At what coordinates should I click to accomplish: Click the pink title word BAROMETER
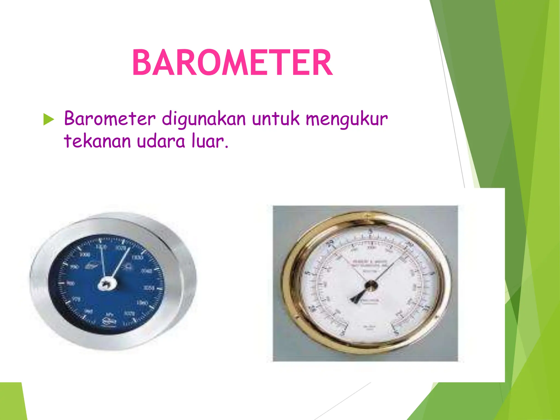point(232,63)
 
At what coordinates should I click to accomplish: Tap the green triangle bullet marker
point(49,119)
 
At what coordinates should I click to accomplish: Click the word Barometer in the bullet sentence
point(110,119)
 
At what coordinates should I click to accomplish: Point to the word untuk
point(276,119)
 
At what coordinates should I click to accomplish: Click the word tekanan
point(97,141)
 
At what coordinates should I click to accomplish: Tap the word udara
point(161,141)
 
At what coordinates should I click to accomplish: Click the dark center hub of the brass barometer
point(371,286)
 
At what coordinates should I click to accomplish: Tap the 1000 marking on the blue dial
point(84,255)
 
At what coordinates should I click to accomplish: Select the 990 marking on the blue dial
point(74,267)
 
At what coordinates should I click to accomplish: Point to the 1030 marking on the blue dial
point(137,258)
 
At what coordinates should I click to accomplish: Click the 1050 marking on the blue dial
point(149,288)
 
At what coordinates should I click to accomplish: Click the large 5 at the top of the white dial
point(371,231)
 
